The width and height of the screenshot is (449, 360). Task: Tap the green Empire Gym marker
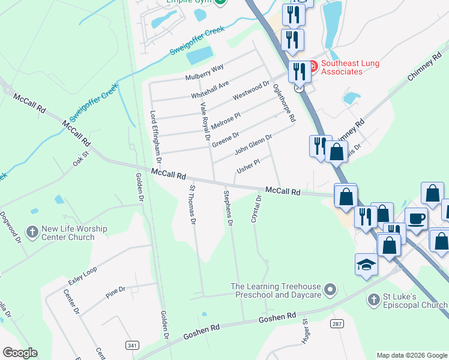(x=220, y=2)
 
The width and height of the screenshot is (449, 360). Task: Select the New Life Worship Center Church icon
(x=32, y=230)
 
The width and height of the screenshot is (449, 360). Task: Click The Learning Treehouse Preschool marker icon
(x=330, y=290)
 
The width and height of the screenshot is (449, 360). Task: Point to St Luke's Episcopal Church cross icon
(x=373, y=299)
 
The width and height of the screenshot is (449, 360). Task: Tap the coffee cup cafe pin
(x=415, y=219)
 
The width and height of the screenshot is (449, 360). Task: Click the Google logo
(x=20, y=353)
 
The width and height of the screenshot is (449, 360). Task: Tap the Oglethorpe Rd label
(x=285, y=103)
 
